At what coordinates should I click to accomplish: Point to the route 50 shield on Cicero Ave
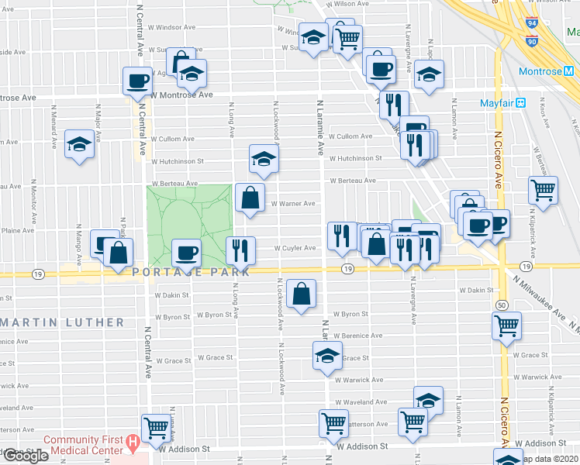click(x=502, y=305)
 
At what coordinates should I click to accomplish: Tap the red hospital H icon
click(x=133, y=444)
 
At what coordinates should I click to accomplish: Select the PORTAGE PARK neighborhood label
click(x=191, y=272)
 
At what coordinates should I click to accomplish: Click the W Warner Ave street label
click(x=292, y=204)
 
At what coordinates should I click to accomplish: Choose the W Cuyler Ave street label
click(x=295, y=249)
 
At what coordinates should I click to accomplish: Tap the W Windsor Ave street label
click(x=171, y=27)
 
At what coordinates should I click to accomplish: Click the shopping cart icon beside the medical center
click(x=156, y=426)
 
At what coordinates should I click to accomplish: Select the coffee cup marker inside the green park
click(x=186, y=252)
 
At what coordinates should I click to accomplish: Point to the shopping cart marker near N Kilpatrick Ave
click(x=543, y=189)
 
